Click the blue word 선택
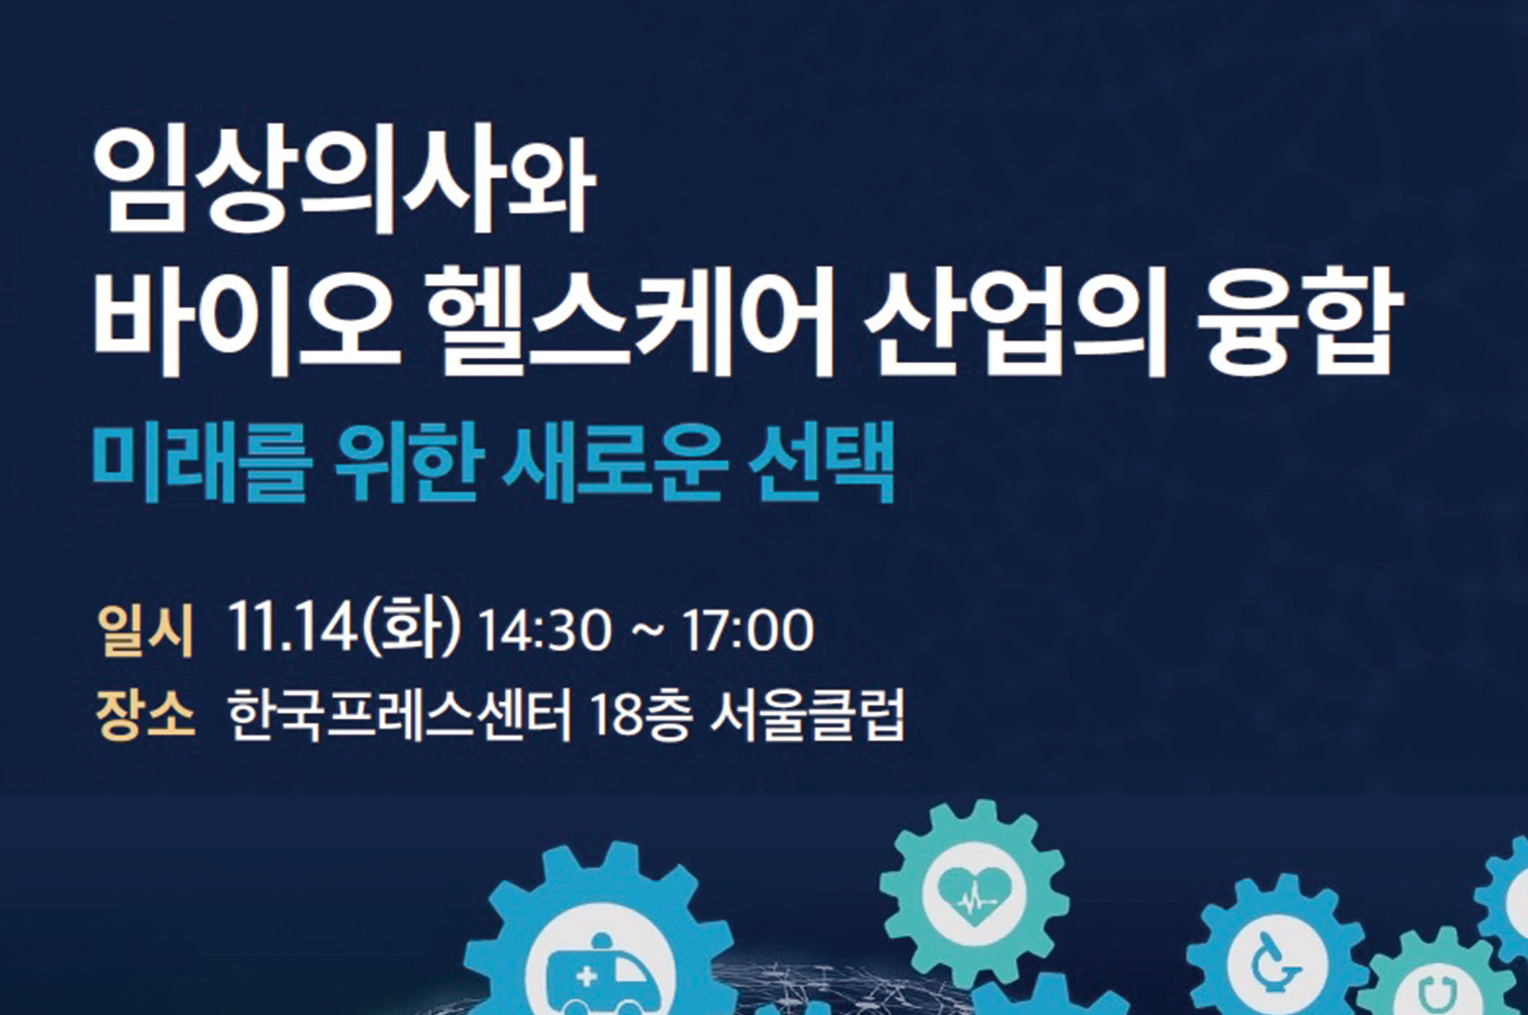tap(821, 462)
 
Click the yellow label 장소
tap(146, 715)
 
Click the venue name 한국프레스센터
tap(399, 715)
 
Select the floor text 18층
tap(640, 715)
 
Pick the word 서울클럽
tap(807, 715)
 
